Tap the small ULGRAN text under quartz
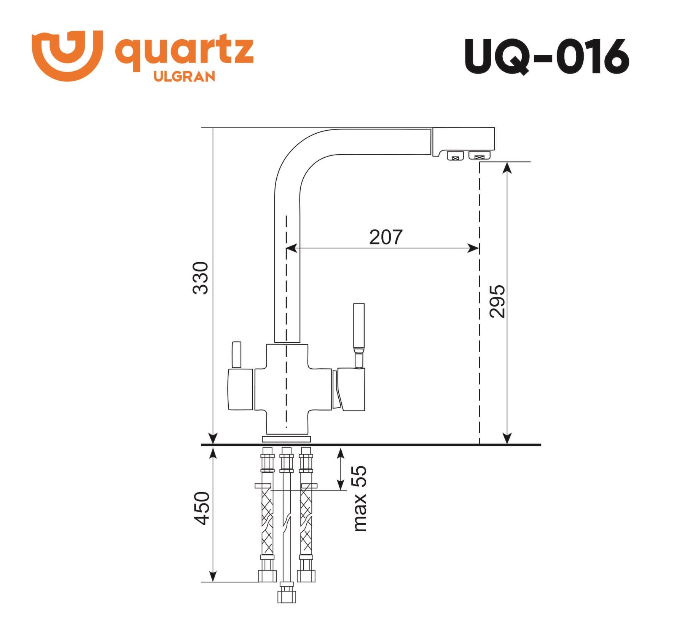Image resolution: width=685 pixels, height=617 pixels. tap(184, 77)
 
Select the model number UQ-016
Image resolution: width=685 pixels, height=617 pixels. tap(546, 57)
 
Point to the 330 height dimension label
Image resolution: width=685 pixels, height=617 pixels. tap(201, 278)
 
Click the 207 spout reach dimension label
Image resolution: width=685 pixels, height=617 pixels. tap(386, 237)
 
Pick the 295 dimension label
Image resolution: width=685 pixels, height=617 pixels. tap(497, 301)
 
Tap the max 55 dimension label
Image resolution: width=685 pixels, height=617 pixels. tap(360, 498)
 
